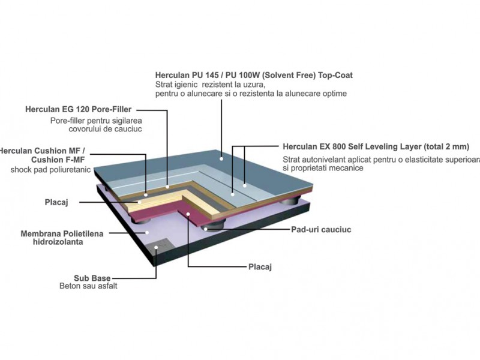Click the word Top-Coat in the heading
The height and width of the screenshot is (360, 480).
(x=335, y=76)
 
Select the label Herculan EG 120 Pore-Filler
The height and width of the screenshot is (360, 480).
(x=79, y=109)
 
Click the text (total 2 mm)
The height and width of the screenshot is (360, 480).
(x=446, y=146)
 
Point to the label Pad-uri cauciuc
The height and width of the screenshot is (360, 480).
(x=321, y=230)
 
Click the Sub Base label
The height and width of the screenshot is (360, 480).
(x=92, y=278)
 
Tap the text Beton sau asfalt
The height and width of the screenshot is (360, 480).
(x=88, y=286)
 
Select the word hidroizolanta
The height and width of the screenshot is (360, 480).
(x=58, y=242)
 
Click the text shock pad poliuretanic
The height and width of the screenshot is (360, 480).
(x=50, y=170)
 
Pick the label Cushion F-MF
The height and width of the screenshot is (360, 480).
(x=58, y=160)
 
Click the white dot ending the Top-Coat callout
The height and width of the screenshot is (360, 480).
(x=221, y=158)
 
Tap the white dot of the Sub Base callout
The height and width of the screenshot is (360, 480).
(x=156, y=247)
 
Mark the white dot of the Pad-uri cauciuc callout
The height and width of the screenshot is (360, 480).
(x=206, y=229)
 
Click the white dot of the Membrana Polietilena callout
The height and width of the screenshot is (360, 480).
(x=147, y=233)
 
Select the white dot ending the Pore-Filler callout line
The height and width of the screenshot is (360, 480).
(x=167, y=187)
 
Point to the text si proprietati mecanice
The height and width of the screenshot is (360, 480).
(x=323, y=168)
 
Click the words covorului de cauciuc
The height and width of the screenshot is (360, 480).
(x=106, y=129)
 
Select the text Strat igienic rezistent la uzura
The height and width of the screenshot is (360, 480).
(x=210, y=85)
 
